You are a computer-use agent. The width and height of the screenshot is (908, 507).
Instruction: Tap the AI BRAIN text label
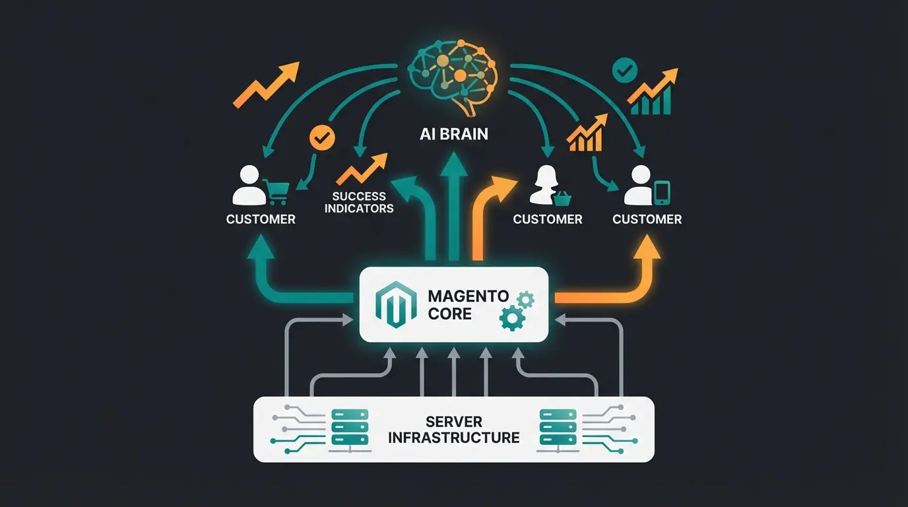(x=454, y=134)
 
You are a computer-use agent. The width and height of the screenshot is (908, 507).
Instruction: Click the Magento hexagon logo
(x=392, y=304)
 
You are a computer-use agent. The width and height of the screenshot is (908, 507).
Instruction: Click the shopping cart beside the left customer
(x=276, y=191)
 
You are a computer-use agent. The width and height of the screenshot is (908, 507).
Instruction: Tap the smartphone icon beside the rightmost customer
(x=662, y=192)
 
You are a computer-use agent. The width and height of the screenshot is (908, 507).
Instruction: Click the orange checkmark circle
(x=323, y=137)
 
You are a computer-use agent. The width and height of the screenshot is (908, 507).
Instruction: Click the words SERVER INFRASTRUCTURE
(x=454, y=429)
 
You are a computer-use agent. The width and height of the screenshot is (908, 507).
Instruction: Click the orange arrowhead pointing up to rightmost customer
(x=647, y=246)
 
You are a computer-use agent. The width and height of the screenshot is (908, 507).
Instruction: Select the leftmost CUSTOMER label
(x=261, y=219)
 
